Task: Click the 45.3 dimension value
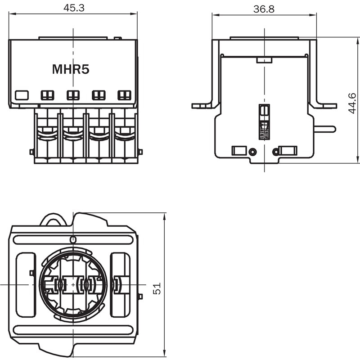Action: coord(72,8)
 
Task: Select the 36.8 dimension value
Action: coord(264,9)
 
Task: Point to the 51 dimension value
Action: coord(157,288)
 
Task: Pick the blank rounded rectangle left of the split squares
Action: coord(22,95)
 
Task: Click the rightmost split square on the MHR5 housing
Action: coord(124,95)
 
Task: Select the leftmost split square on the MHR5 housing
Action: coord(47,95)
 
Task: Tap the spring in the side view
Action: coord(264,130)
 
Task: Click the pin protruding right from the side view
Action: coord(325,129)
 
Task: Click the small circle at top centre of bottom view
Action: coord(74,238)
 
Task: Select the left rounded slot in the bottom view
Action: coord(25,284)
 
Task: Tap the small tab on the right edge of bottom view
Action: coord(140,296)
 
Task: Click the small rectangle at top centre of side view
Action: coord(264,59)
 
